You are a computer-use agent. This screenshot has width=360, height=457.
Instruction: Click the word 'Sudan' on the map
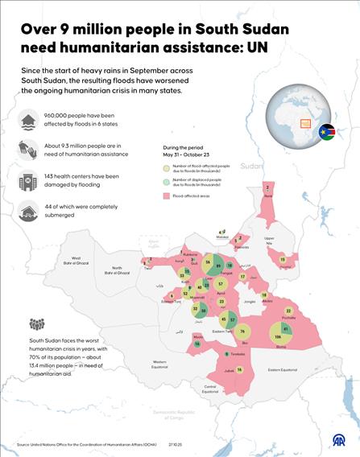tap(251, 166)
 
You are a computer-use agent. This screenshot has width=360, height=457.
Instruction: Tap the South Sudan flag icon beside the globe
tap(326, 132)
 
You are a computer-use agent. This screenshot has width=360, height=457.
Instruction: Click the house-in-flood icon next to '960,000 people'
tap(30, 121)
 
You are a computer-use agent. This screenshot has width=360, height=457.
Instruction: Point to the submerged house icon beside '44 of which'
tap(30, 211)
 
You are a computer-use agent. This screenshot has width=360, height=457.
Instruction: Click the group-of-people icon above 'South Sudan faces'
tap(37, 325)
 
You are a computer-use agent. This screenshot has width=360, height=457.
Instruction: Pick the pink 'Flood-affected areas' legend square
tap(168, 195)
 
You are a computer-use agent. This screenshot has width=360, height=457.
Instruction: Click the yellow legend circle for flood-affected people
tap(168, 167)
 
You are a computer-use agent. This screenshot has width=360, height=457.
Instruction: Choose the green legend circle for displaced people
tap(168, 182)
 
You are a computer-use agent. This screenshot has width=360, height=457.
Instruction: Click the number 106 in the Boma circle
tap(278, 337)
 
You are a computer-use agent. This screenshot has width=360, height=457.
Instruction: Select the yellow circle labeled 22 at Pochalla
tap(288, 311)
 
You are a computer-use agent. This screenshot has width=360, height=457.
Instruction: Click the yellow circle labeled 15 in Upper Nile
tap(283, 260)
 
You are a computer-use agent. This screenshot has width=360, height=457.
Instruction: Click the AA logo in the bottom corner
tap(339, 441)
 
